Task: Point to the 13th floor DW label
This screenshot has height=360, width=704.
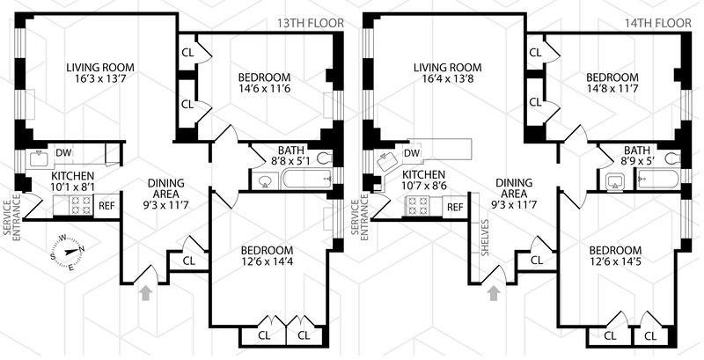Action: point(63,152)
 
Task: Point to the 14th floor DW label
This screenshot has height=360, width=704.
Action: point(412,154)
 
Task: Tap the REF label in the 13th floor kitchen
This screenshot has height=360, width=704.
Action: point(106,206)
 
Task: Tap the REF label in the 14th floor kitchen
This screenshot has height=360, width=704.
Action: point(455,208)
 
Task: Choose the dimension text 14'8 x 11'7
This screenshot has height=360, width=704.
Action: point(612,90)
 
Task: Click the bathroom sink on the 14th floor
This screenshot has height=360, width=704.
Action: point(614,183)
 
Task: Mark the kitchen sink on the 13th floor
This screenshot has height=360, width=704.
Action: point(39,159)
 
